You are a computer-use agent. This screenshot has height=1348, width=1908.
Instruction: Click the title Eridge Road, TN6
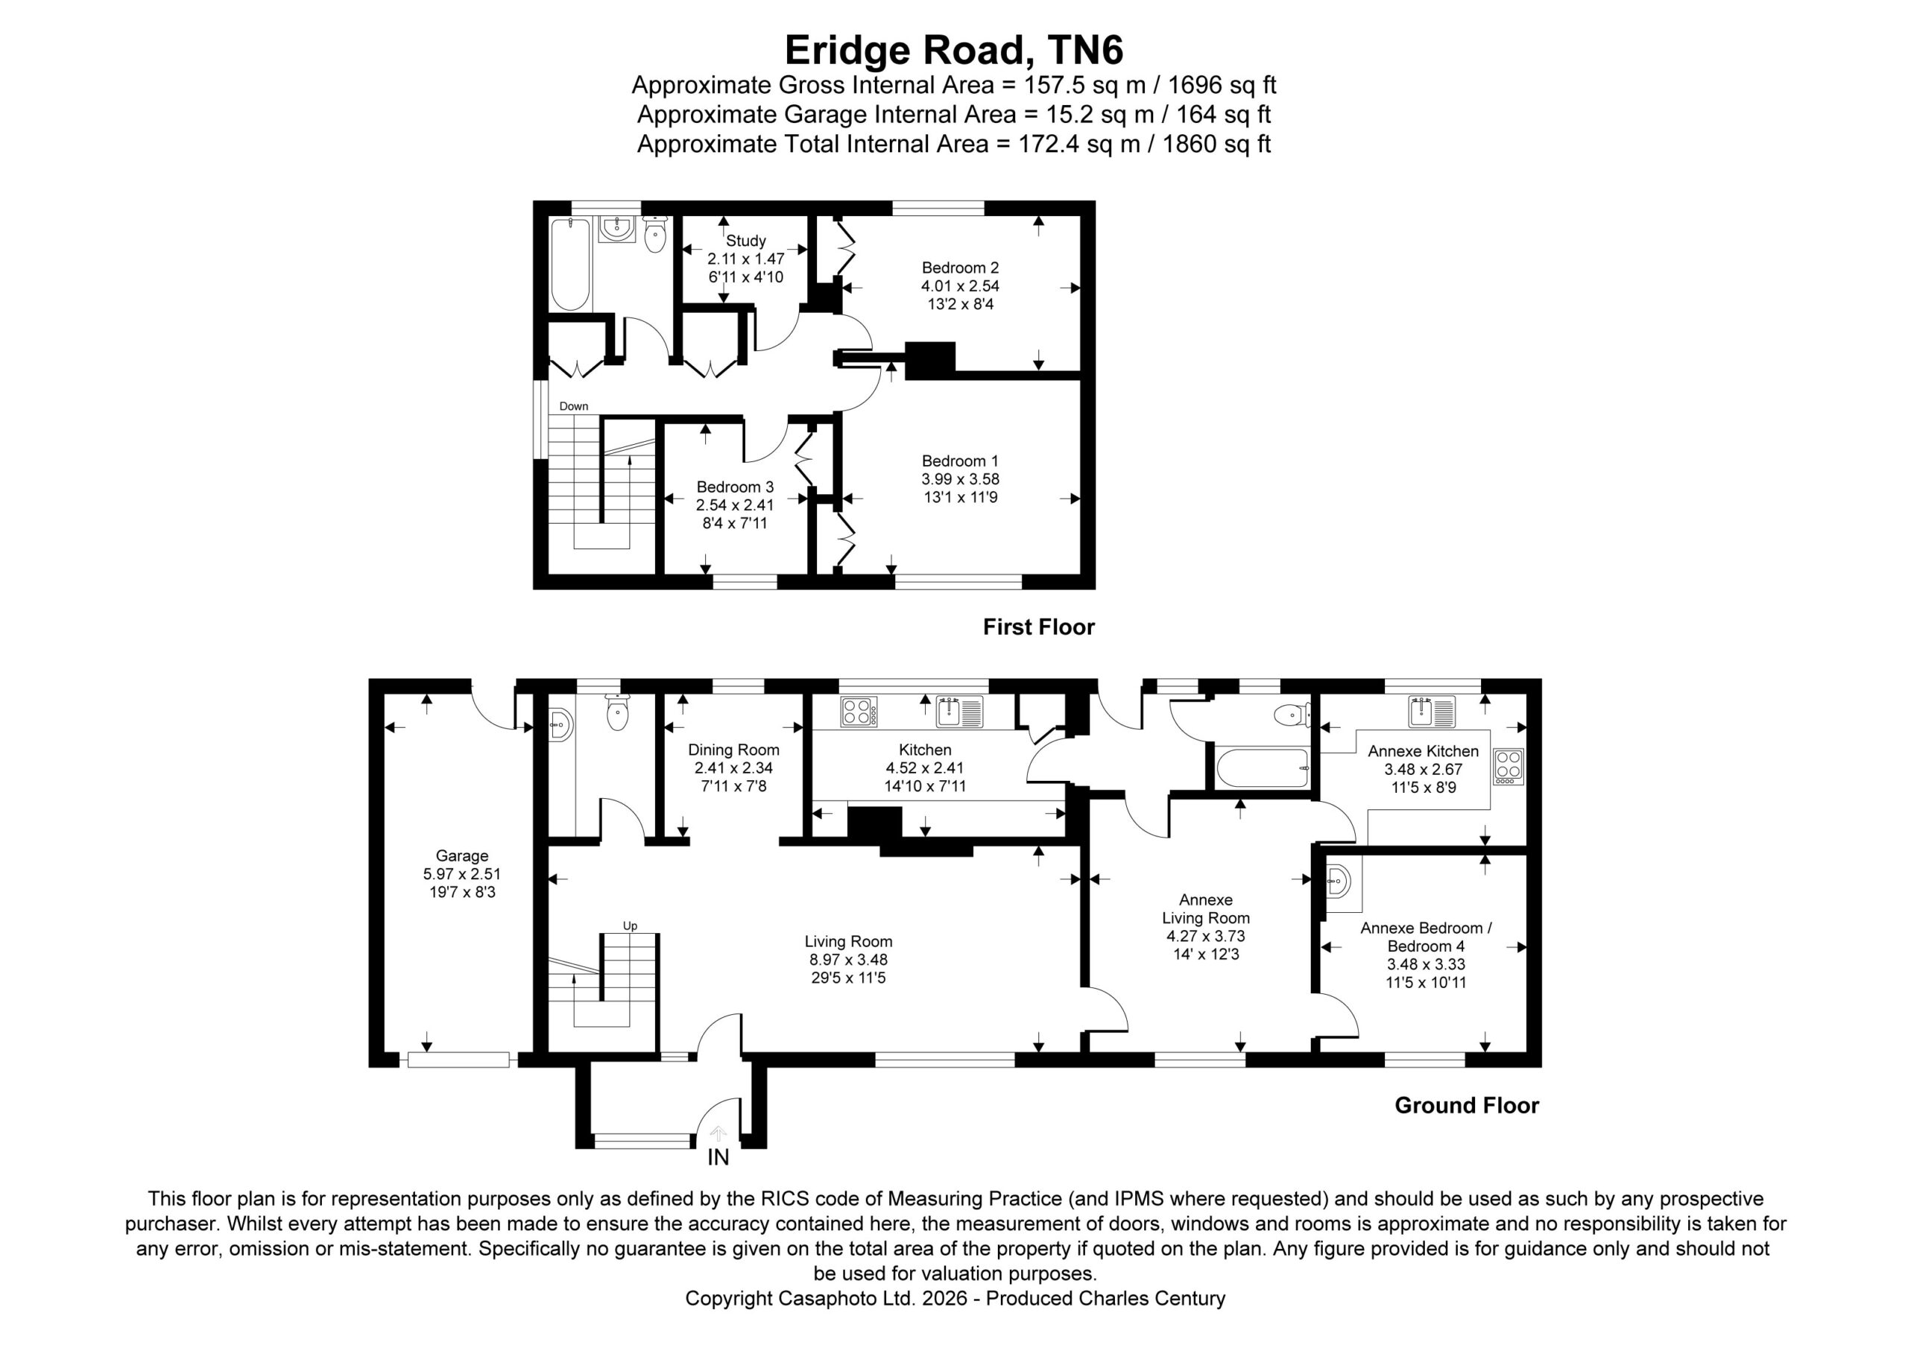coord(953,50)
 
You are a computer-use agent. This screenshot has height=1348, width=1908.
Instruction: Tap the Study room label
coord(745,241)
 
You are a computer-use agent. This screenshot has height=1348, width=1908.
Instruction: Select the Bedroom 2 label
coord(960,268)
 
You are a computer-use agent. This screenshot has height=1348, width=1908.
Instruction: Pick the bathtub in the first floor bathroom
coord(570,265)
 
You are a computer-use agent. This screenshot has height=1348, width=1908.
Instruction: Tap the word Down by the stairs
coord(573,406)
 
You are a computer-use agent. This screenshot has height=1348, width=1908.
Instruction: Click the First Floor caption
coord(1038,627)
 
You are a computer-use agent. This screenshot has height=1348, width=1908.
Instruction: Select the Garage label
coord(462,856)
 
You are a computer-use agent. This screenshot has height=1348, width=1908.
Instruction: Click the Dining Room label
coord(734,750)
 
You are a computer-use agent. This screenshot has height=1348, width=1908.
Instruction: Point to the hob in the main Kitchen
coord(859,712)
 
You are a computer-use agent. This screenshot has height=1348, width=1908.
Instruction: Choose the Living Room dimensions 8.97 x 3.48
coord(848,960)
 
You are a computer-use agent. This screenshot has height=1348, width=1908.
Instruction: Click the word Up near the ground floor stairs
coord(630,925)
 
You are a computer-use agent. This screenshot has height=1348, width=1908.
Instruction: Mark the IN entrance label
coord(718,1156)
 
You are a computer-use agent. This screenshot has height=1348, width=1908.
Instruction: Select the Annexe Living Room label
coord(1206,908)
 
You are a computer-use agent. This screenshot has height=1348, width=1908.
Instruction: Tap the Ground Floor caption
coord(1467,1105)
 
